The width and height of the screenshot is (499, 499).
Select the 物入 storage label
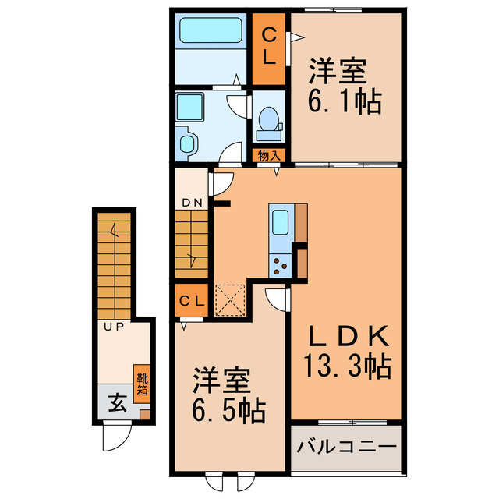click(x=270, y=155)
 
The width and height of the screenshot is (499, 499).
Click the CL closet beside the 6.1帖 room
click(x=268, y=46)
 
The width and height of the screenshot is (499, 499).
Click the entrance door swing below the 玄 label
click(x=114, y=437)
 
